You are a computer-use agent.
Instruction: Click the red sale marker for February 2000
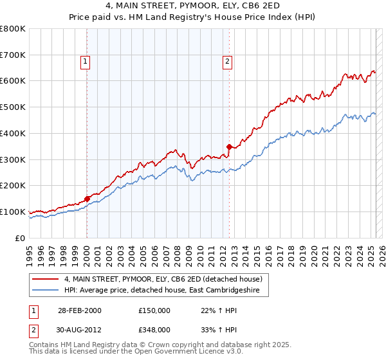point(87,199)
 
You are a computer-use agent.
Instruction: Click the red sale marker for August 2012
point(229,147)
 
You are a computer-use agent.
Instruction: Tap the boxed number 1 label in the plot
point(86,62)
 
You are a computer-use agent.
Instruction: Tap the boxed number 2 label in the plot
point(228,62)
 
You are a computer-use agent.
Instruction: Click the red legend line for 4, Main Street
point(45,280)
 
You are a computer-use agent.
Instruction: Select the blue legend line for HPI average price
point(45,291)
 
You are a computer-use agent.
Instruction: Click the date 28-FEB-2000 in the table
point(80,311)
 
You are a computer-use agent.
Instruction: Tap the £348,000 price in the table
point(154,329)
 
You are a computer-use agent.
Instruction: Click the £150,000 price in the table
point(154,311)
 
